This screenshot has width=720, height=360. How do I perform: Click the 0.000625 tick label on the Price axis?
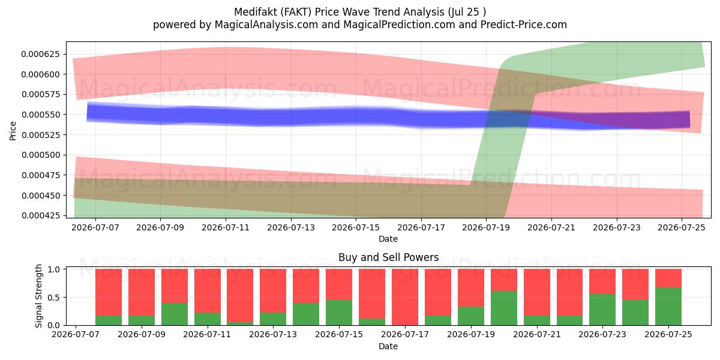[x=41, y=54]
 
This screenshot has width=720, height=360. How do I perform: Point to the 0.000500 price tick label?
[x=41, y=155]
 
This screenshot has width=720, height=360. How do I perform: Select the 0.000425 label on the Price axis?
[x=41, y=215]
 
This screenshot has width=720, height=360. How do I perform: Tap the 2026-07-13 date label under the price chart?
[x=291, y=227]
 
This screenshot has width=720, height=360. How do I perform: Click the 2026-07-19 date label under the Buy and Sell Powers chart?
[x=471, y=334]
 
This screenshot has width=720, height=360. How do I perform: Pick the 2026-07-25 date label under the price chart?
[x=682, y=227]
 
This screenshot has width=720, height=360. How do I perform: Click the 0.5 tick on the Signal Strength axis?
[x=53, y=298]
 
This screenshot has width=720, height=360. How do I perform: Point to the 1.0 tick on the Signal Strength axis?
[x=53, y=269]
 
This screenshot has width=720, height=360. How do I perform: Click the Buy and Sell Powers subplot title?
[x=388, y=257]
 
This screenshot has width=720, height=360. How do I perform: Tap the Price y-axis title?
[x=13, y=131]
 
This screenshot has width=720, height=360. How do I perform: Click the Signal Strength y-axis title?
[x=38, y=296]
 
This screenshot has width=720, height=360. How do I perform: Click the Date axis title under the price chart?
[x=388, y=239]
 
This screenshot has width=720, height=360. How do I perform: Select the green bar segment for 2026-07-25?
[x=668, y=307]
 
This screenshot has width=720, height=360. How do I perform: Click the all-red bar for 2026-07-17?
[x=404, y=297]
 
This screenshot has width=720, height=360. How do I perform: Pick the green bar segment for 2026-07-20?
[x=503, y=308]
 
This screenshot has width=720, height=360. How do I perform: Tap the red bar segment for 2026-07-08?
[x=109, y=292]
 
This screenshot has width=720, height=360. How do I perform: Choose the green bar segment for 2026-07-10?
[x=175, y=314]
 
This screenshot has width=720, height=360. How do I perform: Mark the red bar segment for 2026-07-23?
[x=602, y=281]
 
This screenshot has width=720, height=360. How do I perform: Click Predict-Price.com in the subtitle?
[x=524, y=25]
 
